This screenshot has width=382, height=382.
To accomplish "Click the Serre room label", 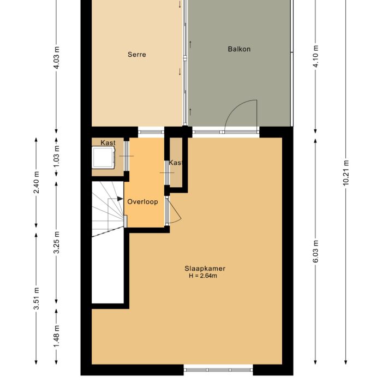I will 137,55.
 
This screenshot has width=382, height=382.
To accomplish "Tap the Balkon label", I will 239,49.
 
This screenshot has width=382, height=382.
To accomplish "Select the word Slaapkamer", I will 205,268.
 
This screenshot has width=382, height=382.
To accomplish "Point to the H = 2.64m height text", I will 202,276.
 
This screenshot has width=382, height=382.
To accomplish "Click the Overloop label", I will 142,201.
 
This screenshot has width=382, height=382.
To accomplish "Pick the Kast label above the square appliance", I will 108,143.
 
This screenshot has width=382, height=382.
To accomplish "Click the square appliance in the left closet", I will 104,158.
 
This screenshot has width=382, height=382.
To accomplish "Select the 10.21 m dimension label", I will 345,174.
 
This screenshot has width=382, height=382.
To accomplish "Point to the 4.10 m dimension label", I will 315,57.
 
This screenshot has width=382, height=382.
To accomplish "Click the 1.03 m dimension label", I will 56,156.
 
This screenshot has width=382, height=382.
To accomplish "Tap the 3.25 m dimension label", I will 56,242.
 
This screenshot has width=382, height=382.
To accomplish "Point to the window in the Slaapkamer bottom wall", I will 218,369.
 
